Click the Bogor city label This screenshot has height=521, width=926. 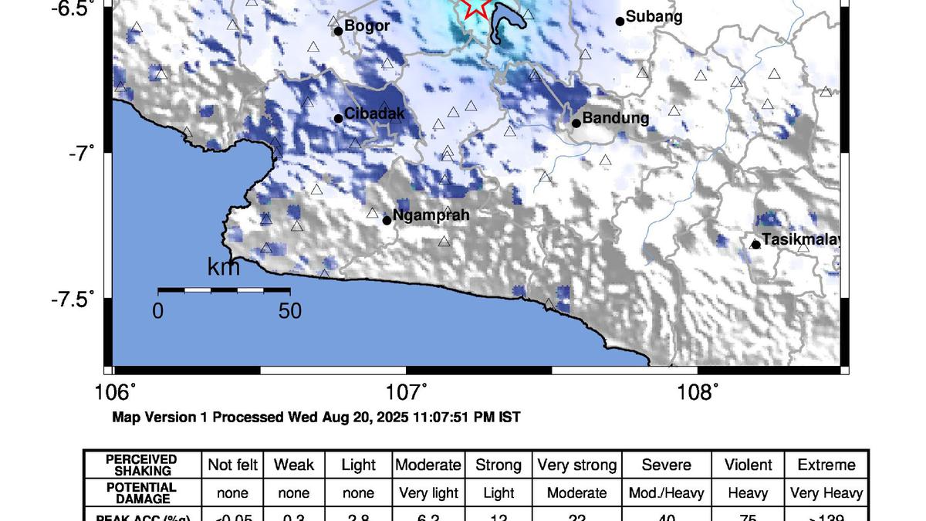(367, 26)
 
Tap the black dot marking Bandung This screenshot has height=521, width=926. (576, 123)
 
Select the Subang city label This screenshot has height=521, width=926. (654, 16)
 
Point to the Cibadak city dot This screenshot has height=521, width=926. (338, 118)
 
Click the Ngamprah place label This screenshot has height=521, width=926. (431, 216)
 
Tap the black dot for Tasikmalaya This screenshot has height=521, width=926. (755, 245)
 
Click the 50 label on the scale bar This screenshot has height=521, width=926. (289, 311)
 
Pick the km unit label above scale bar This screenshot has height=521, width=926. (224, 269)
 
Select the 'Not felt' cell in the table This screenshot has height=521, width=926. (231, 465)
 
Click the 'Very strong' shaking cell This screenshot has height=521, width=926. (576, 465)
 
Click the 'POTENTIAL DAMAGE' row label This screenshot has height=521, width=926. (141, 492)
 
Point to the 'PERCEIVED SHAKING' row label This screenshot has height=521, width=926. (141, 465)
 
